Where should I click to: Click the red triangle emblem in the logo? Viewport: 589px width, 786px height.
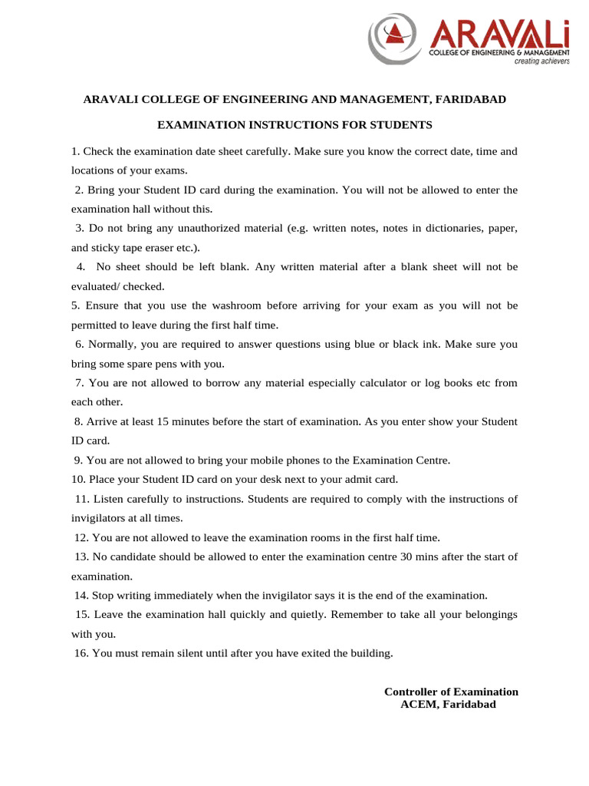point(396,31)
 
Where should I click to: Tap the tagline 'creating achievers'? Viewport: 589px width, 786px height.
point(541,61)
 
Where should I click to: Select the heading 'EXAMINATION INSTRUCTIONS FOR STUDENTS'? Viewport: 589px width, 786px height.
point(295,124)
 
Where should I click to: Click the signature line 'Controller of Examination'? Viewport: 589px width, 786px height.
point(451,692)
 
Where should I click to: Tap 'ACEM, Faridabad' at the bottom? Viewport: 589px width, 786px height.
point(449,704)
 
